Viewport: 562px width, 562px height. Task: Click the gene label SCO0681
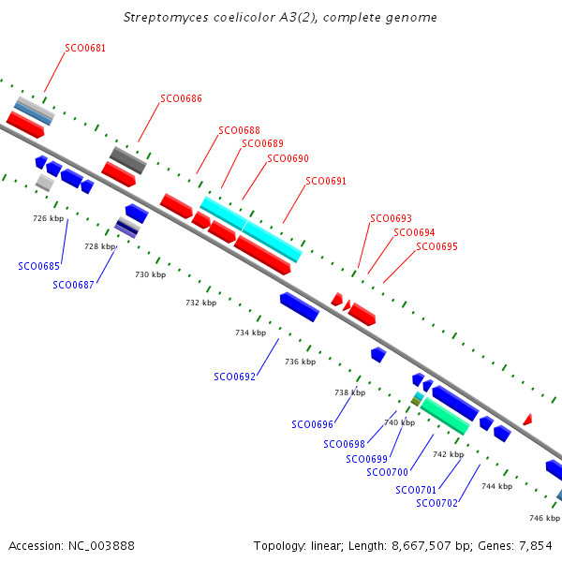pyautogui.click(x=85, y=48)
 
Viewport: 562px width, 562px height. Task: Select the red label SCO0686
pyautogui.click(x=181, y=98)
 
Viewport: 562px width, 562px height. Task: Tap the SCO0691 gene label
pyautogui.click(x=326, y=181)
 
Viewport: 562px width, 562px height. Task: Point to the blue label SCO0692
pyautogui.click(x=234, y=377)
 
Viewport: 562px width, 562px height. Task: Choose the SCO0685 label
pyautogui.click(x=38, y=266)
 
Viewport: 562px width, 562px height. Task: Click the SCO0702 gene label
pyautogui.click(x=436, y=504)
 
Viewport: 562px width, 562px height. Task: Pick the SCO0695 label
pyautogui.click(x=436, y=246)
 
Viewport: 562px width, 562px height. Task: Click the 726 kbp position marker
pyautogui.click(x=49, y=218)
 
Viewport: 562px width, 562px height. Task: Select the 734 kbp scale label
pyautogui.click(x=250, y=333)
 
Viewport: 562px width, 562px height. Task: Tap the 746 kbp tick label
pyautogui.click(x=544, y=518)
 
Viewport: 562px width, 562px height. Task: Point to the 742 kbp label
pyautogui.click(x=449, y=454)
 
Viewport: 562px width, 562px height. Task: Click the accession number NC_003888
pyautogui.click(x=101, y=546)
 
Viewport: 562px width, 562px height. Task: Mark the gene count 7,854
pyautogui.click(x=536, y=546)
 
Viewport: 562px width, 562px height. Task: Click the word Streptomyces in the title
pyautogui.click(x=166, y=18)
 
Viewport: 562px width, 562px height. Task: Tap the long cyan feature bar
pyautogui.click(x=251, y=229)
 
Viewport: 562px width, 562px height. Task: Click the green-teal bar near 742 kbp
pyautogui.click(x=445, y=416)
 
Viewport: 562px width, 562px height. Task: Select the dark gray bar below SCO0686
pyautogui.click(x=128, y=160)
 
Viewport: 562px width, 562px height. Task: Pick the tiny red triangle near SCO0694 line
pyautogui.click(x=347, y=305)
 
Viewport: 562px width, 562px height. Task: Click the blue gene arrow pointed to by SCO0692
pyautogui.click(x=300, y=307)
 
